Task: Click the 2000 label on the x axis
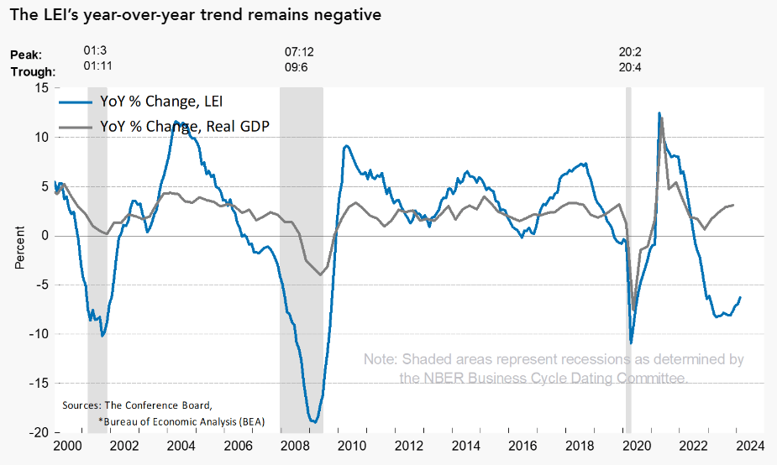pyautogui.click(x=67, y=446)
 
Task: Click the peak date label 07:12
pyautogui.click(x=300, y=52)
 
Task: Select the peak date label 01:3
pyautogui.click(x=94, y=52)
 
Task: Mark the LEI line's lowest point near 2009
pyautogui.click(x=313, y=421)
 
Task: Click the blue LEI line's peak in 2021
pyautogui.click(x=659, y=112)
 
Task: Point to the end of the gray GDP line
pyautogui.click(x=734, y=205)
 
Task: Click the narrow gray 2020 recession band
pyautogui.click(x=628, y=252)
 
